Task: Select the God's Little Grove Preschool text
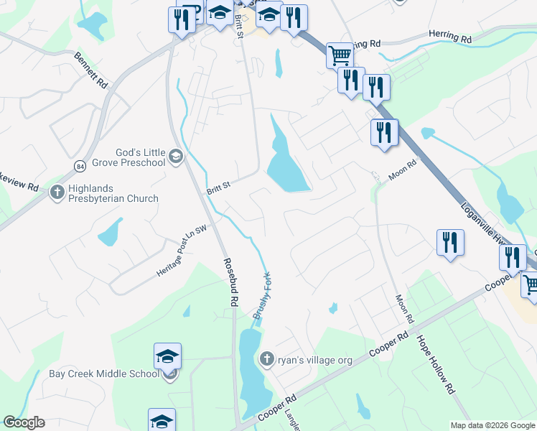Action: tap(141, 157)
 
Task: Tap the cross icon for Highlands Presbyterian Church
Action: tap(57, 193)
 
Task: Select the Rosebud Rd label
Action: tap(230, 283)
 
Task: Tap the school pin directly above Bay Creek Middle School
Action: tap(167, 356)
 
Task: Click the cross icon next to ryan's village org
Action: tap(266, 358)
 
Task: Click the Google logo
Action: tap(24, 422)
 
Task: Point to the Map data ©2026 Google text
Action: tap(492, 425)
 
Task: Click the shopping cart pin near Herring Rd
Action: tap(340, 55)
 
